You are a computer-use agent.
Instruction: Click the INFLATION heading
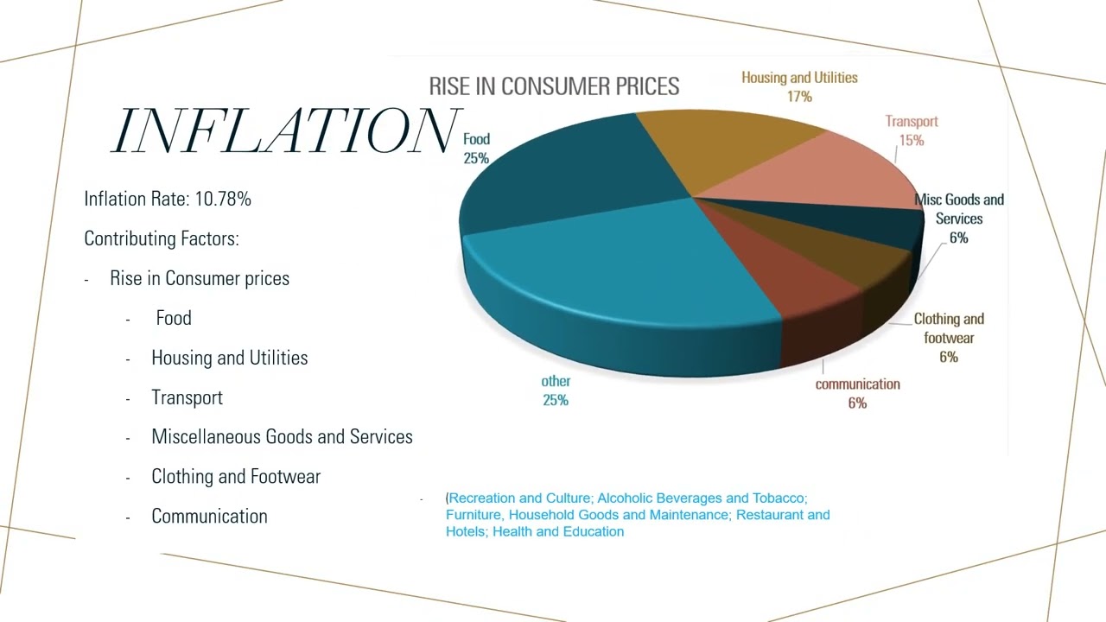coord(285,131)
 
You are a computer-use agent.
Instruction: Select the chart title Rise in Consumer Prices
coord(554,86)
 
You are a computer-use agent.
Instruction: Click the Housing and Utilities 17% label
coord(799,86)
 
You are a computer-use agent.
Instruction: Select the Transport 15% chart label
coord(911,130)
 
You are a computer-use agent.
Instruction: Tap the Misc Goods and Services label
coord(958,218)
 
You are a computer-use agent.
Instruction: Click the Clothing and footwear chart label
coord(948,337)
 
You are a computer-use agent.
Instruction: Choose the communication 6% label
coord(857,393)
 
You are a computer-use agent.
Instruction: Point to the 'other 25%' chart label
coord(556,390)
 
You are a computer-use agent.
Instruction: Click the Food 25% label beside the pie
coord(476,149)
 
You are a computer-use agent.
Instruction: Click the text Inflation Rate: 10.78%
coord(168,199)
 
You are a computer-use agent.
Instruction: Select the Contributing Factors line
coord(162,238)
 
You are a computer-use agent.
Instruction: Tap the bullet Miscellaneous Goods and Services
coord(282,437)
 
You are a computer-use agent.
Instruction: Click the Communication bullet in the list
coord(209,517)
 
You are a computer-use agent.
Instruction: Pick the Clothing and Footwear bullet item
coord(236,477)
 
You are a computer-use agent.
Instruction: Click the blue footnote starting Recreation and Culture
coord(638,515)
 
